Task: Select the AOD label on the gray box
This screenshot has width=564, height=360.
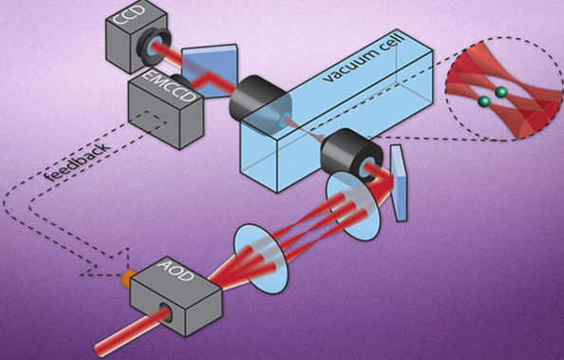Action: pyautogui.click(x=175, y=270)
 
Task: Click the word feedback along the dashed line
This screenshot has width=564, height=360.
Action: pyautogui.click(x=77, y=161)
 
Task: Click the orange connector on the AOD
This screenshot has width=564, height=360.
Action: pyautogui.click(x=126, y=278)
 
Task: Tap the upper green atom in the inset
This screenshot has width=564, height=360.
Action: pyautogui.click(x=500, y=92)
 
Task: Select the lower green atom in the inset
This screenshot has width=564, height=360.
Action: pyautogui.click(x=484, y=102)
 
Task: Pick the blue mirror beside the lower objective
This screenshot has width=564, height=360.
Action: pyautogui.click(x=400, y=183)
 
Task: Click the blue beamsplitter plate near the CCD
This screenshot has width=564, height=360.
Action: pyautogui.click(x=210, y=71)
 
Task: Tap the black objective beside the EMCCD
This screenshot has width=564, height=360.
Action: pyautogui.click(x=253, y=99)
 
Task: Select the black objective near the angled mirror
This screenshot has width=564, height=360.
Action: pyautogui.click(x=351, y=156)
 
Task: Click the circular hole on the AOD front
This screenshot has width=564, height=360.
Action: pyautogui.click(x=166, y=311)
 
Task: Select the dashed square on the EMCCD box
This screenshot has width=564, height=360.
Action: pyautogui.click(x=148, y=122)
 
